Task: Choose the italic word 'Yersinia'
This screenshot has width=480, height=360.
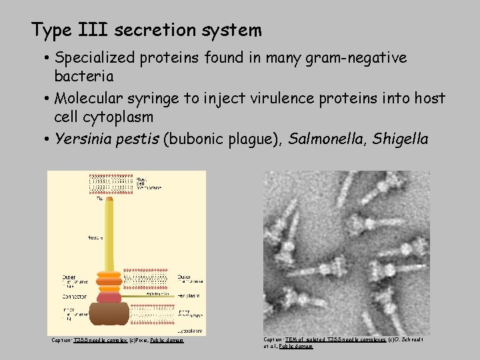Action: point(83,139)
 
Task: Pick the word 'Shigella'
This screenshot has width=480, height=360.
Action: point(401,139)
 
